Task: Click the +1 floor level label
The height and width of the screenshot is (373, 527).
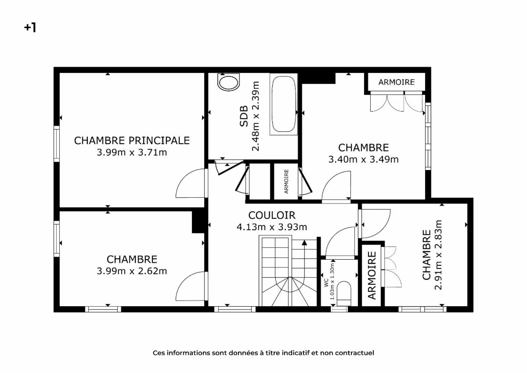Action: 30,28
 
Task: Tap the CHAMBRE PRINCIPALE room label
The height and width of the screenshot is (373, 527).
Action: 132,141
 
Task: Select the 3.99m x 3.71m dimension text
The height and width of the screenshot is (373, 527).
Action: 132,152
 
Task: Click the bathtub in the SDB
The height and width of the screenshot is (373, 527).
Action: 284,104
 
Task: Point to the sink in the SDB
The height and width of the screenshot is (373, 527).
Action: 228,82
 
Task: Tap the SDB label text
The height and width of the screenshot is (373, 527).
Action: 244,116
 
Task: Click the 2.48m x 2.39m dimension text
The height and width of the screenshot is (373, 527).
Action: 256,116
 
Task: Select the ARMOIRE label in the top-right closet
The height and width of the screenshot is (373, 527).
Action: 397,82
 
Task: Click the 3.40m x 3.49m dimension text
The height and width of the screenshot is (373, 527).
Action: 364,159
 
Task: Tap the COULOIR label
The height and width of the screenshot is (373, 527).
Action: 272,215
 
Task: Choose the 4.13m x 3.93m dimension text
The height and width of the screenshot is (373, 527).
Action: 272,227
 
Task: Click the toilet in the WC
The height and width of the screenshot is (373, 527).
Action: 344,293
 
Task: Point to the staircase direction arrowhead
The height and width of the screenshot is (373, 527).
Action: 304,243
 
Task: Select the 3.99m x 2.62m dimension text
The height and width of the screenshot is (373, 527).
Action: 132,271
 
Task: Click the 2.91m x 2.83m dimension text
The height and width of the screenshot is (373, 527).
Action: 438,255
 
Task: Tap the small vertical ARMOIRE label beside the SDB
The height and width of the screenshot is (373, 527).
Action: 286,181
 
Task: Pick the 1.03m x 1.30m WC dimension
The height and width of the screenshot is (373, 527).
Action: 332,281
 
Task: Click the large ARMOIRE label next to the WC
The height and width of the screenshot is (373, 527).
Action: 372,275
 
